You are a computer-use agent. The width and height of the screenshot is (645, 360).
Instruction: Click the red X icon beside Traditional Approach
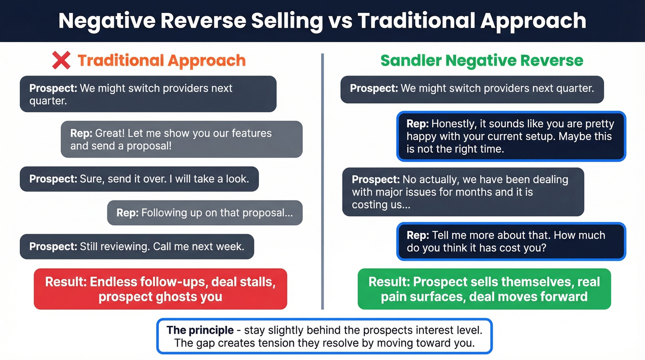[61, 60]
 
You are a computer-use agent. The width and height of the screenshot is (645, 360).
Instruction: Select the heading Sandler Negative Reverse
[481, 60]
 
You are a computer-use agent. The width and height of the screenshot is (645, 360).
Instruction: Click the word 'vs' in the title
[340, 21]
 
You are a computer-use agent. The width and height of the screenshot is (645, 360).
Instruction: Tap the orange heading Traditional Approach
[161, 60]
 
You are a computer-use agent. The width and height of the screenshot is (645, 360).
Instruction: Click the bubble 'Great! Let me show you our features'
[182, 139]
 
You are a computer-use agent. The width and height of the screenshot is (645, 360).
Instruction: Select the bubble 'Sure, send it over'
[139, 179]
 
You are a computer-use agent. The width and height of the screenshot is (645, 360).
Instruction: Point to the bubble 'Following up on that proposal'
[205, 213]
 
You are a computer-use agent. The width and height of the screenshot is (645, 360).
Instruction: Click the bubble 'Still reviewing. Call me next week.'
[137, 246]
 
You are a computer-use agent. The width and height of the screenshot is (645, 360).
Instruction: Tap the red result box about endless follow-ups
[160, 289]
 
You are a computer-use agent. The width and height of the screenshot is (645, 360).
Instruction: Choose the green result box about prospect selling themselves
[484, 289]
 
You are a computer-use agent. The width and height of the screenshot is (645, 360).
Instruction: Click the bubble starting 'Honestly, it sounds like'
[511, 136]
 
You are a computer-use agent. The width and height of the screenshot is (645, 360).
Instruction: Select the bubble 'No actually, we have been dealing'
[463, 192]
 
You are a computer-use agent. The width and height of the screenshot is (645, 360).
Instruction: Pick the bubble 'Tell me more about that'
[511, 241]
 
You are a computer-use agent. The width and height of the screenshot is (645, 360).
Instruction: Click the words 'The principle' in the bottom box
[200, 330]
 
